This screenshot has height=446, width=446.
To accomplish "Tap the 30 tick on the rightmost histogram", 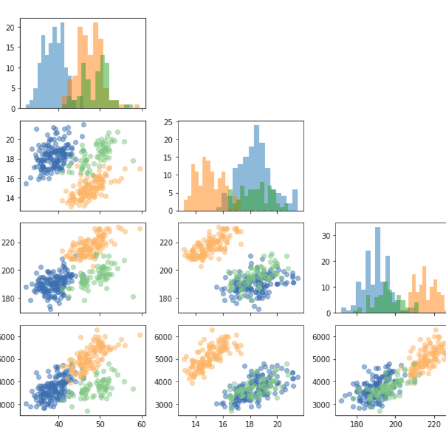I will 326,235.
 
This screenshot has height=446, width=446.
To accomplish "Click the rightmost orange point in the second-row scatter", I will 140,169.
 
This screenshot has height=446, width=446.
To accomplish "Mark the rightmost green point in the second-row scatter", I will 134,161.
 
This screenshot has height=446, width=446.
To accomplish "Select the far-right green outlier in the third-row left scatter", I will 134,297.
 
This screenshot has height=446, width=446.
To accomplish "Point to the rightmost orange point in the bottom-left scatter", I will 140,335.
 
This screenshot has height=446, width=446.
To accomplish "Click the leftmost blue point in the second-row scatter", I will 26,184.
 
